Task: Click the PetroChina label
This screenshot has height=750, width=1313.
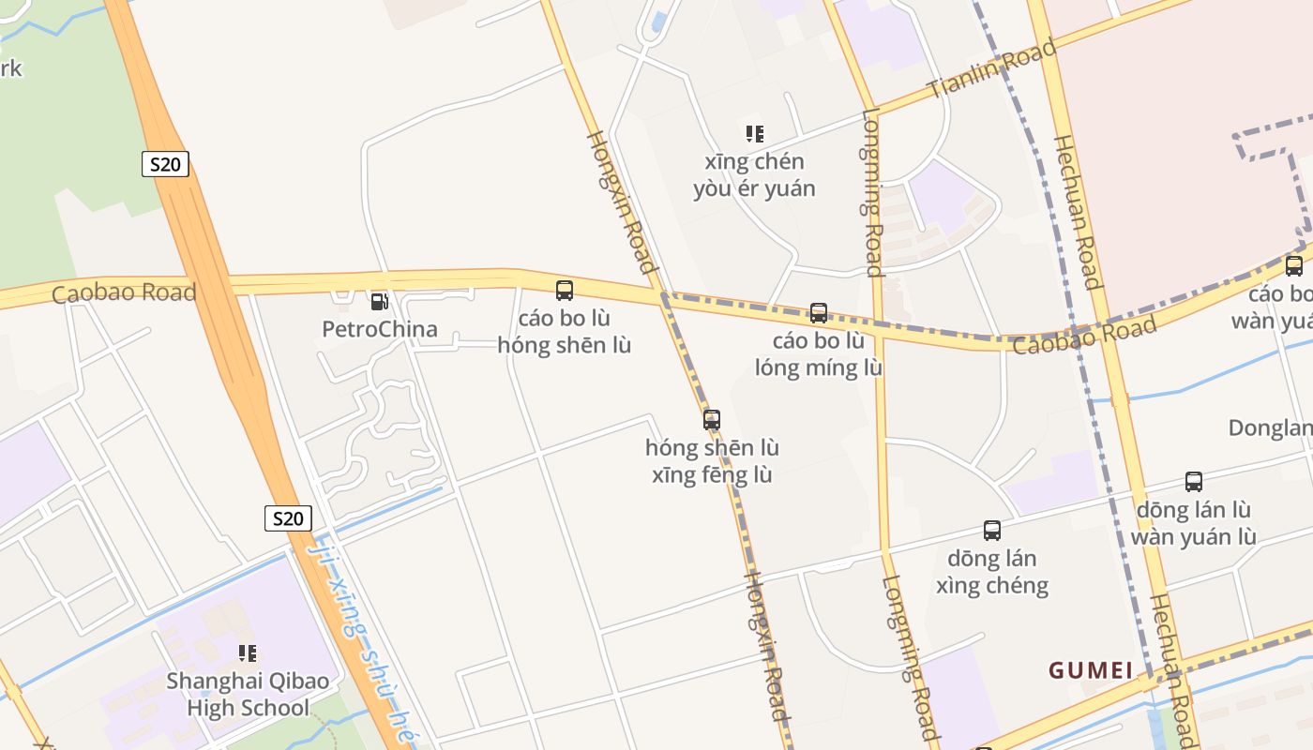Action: click(x=379, y=329)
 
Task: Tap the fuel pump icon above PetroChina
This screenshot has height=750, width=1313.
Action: click(x=379, y=301)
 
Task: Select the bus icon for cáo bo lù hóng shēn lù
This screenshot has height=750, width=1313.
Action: click(x=565, y=291)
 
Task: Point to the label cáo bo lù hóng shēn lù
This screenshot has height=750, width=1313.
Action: click(x=565, y=331)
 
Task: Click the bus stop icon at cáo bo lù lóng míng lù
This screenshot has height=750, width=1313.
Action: click(x=819, y=313)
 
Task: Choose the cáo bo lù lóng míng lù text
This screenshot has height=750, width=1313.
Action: click(x=819, y=353)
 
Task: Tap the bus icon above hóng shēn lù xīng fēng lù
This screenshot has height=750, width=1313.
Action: click(x=712, y=420)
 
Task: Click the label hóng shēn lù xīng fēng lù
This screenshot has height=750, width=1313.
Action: click(x=712, y=461)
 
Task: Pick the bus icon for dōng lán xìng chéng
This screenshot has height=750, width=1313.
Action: click(x=992, y=531)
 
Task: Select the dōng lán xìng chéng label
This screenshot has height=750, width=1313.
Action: click(x=992, y=572)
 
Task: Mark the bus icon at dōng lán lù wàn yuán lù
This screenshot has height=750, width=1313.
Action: click(x=1194, y=482)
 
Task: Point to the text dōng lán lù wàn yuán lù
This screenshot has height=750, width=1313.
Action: click(x=1194, y=523)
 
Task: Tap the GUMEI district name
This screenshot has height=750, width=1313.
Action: click(x=1091, y=670)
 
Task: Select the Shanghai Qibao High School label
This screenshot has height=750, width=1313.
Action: click(x=248, y=694)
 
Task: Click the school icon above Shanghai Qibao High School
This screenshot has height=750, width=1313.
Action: click(x=248, y=652)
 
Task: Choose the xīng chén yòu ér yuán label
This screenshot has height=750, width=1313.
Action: click(x=754, y=174)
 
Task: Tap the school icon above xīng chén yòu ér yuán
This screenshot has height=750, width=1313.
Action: click(x=754, y=134)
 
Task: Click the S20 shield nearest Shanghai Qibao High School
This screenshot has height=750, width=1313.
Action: click(x=288, y=518)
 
